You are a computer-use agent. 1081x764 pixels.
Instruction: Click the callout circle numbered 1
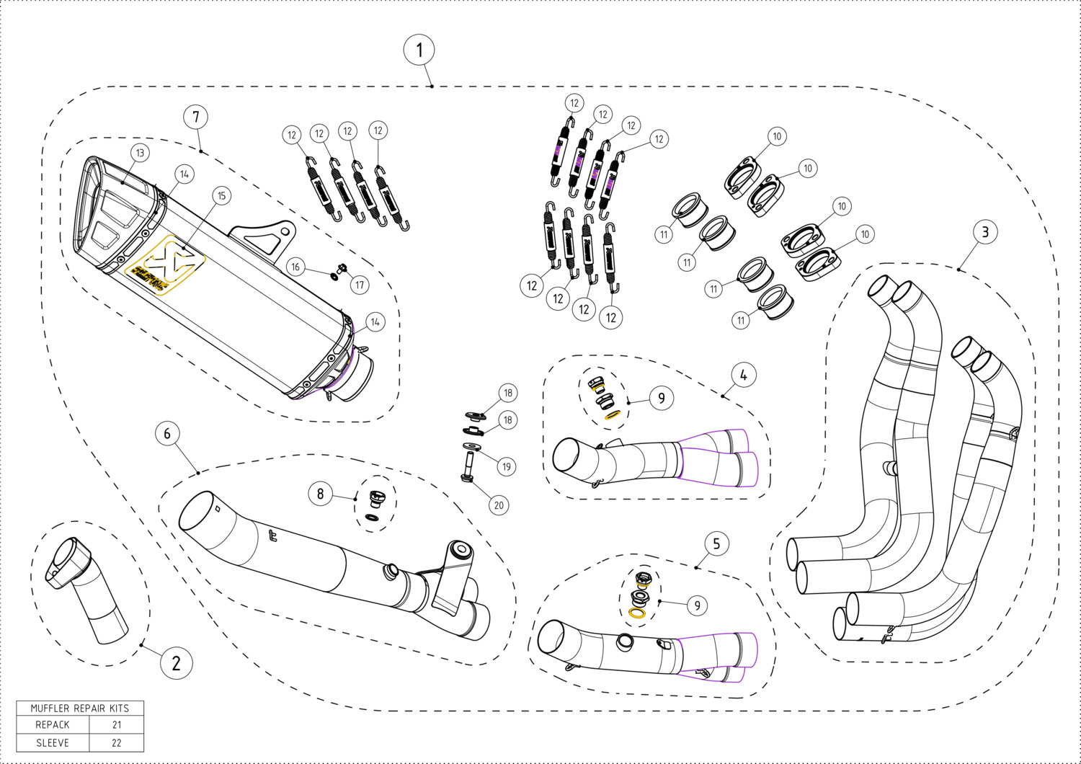419,50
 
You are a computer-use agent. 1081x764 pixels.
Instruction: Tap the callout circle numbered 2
176,662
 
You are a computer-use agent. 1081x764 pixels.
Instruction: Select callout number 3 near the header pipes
984,232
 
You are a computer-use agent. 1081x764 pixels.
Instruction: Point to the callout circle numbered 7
195,117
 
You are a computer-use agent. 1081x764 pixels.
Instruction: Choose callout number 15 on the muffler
221,195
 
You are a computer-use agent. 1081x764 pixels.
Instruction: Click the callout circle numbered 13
140,153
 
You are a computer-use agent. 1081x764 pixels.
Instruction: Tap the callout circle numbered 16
295,267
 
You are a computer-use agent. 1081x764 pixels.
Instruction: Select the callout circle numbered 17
360,285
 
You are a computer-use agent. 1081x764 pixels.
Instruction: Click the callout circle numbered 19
507,466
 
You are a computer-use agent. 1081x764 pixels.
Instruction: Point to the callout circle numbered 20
499,505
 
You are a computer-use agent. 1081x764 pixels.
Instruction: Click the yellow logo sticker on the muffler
164,267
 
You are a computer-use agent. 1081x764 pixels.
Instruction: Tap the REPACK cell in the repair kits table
53,725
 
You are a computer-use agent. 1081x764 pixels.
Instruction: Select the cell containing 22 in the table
117,743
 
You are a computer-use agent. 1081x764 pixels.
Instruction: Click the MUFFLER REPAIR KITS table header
80,708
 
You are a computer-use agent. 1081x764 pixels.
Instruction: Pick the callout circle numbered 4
743,374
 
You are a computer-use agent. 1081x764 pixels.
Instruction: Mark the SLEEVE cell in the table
53,743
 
